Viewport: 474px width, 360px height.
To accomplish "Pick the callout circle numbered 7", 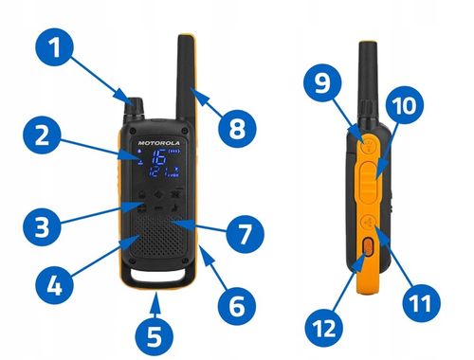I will (x=245, y=231).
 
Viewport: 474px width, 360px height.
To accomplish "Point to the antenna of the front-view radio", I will (x=184, y=66).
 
